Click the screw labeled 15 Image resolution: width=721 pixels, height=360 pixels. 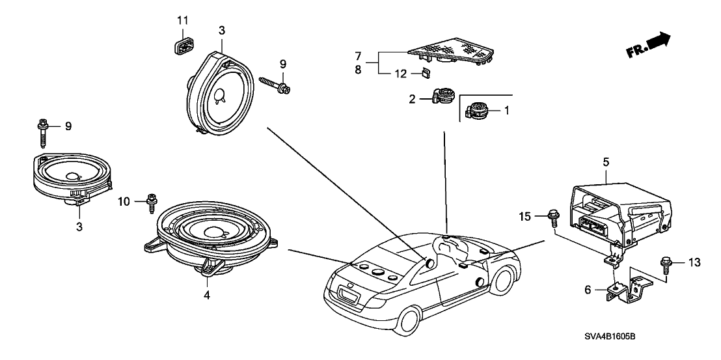(x=553, y=215)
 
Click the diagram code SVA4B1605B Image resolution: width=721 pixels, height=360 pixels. (x=609, y=336)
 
